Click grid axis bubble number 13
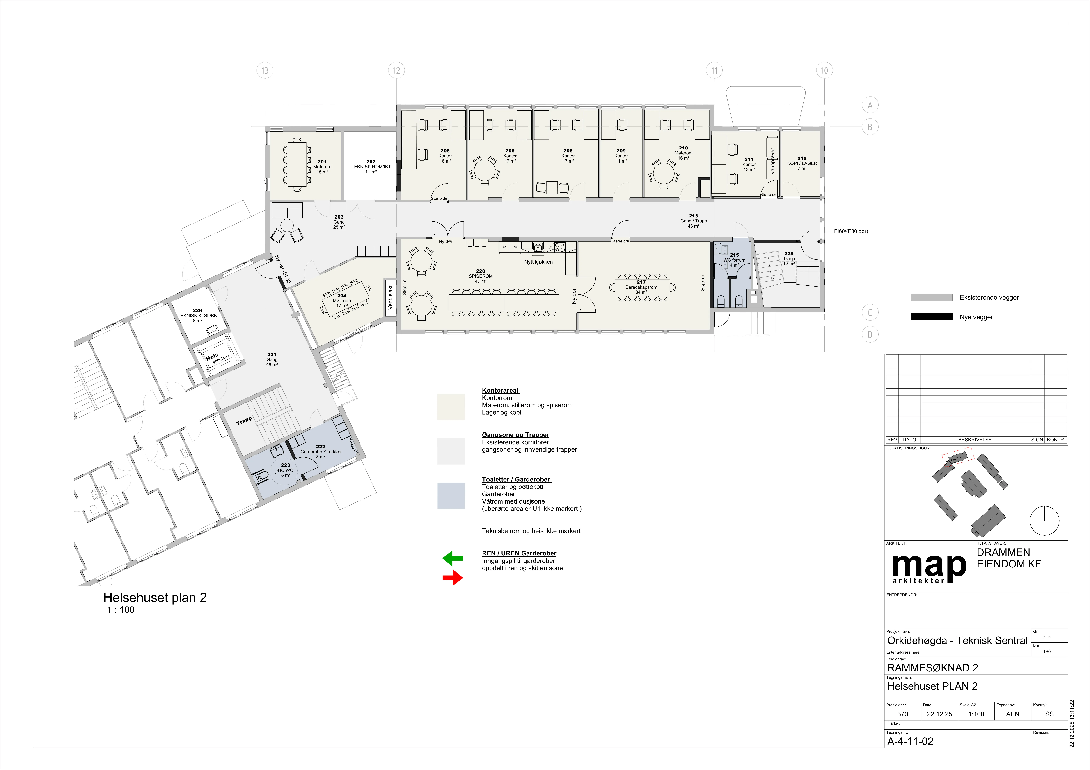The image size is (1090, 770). [265, 71]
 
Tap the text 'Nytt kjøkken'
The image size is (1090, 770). [538, 262]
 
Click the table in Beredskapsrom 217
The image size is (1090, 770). [642, 287]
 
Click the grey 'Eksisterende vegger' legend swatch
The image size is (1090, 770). [931, 298]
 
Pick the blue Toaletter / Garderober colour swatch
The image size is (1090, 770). [451, 496]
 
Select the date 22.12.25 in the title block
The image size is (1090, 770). [939, 714]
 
